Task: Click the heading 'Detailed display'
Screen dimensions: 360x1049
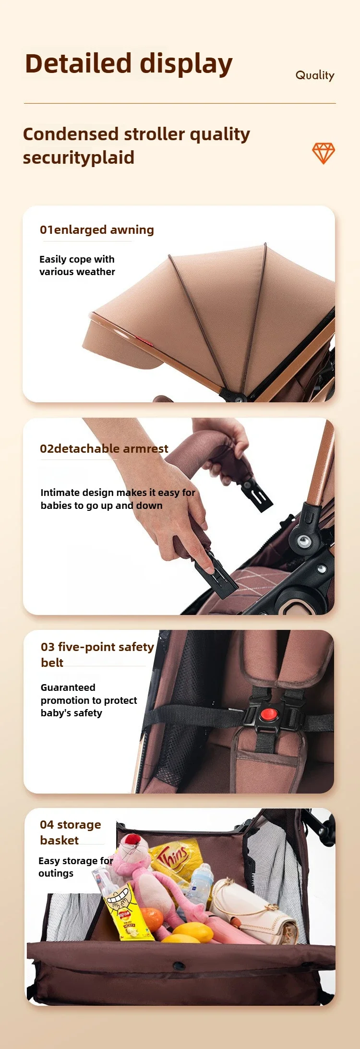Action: tap(129, 64)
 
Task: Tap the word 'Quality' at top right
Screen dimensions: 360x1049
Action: tap(315, 75)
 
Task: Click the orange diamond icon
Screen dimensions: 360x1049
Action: tap(324, 153)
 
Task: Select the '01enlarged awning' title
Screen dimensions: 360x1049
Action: tap(97, 230)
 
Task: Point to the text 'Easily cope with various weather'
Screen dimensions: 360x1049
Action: tap(77, 265)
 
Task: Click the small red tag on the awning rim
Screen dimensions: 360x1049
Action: tap(144, 341)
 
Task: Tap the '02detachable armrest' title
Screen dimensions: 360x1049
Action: tap(104, 449)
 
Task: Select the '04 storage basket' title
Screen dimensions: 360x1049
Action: tap(71, 832)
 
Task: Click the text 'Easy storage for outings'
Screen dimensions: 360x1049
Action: tap(76, 867)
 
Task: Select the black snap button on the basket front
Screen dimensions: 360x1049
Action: tap(179, 965)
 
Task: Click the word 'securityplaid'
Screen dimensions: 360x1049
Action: tap(79, 158)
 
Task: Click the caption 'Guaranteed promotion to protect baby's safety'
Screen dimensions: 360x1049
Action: tap(89, 700)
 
